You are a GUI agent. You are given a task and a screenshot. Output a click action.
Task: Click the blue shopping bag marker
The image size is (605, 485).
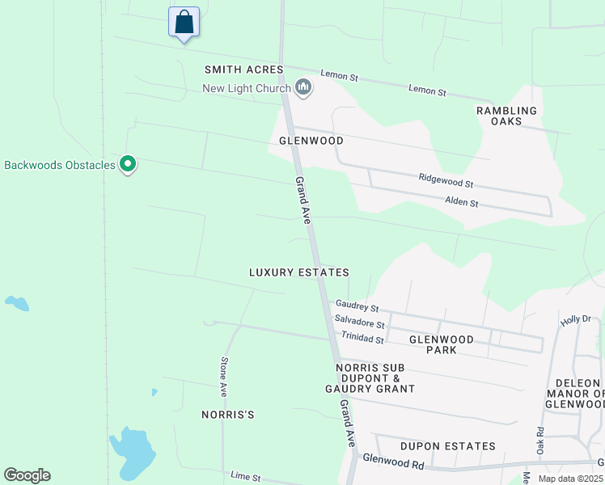tap(184, 21)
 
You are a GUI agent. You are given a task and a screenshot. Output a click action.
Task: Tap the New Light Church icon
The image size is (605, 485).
tap(303, 87)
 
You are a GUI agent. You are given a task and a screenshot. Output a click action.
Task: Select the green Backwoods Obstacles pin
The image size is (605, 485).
tap(127, 164)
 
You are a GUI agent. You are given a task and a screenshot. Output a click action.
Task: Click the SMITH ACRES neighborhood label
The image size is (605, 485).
tap(243, 70)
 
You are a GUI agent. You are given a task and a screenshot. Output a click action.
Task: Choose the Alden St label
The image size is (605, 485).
tap(462, 202)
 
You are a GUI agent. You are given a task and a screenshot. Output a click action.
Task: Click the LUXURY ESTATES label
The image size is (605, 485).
tap(299, 273)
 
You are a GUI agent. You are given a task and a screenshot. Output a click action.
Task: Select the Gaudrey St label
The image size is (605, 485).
tap(357, 306)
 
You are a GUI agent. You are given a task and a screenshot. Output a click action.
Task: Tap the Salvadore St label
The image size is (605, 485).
tap(359, 323)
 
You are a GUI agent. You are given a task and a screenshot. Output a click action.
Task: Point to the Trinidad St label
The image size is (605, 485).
tap(362, 338)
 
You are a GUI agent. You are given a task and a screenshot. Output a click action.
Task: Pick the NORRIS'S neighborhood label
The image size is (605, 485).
tap(228, 415)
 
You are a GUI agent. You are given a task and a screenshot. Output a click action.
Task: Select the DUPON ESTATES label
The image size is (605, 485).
tap(447, 446)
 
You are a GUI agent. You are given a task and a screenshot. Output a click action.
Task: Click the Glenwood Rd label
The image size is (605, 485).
tap(393, 464)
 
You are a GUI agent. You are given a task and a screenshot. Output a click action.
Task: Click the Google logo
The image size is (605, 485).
tap(27, 475)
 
